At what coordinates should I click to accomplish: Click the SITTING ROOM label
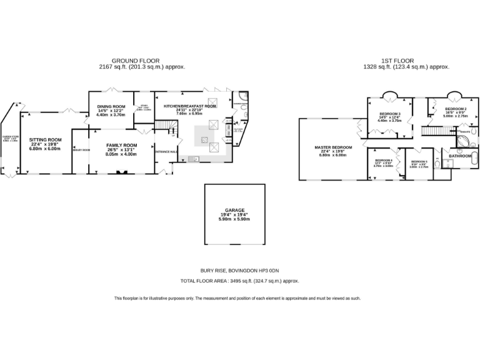pos(46,140)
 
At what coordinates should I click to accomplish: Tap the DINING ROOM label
pos(111,107)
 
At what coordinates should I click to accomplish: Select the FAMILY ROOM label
pos(121,145)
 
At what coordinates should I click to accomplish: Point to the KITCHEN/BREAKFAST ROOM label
pos(190,106)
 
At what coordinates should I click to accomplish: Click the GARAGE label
pos(234,211)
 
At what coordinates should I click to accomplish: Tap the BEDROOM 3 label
pos(389,114)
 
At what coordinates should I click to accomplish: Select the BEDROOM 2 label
pos(456,109)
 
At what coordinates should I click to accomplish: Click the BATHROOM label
pos(460,156)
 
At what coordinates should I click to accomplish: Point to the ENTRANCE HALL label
pos(166,152)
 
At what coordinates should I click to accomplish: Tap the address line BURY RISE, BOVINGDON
pos(239,270)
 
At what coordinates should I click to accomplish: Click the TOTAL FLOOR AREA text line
pos(239,282)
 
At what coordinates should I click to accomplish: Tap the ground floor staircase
pos(162,128)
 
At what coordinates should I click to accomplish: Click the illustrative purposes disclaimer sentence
pos(237,298)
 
